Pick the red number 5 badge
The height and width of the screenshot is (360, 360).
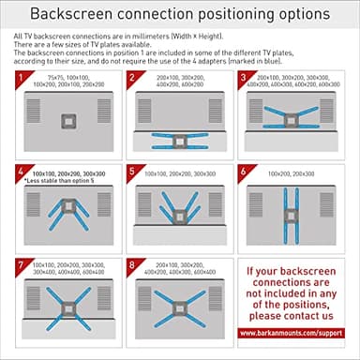click(x=133, y=172)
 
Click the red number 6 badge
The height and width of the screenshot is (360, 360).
click(x=246, y=172)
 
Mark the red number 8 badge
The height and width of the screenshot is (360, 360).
click(x=133, y=265)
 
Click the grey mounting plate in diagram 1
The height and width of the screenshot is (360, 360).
click(x=65, y=119)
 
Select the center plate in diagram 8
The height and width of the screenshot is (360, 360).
click(x=177, y=305)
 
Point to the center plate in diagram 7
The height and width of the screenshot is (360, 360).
click(x=65, y=305)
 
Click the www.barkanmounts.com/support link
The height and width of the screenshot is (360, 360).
click(x=295, y=333)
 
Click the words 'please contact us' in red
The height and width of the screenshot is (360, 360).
click(x=295, y=316)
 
